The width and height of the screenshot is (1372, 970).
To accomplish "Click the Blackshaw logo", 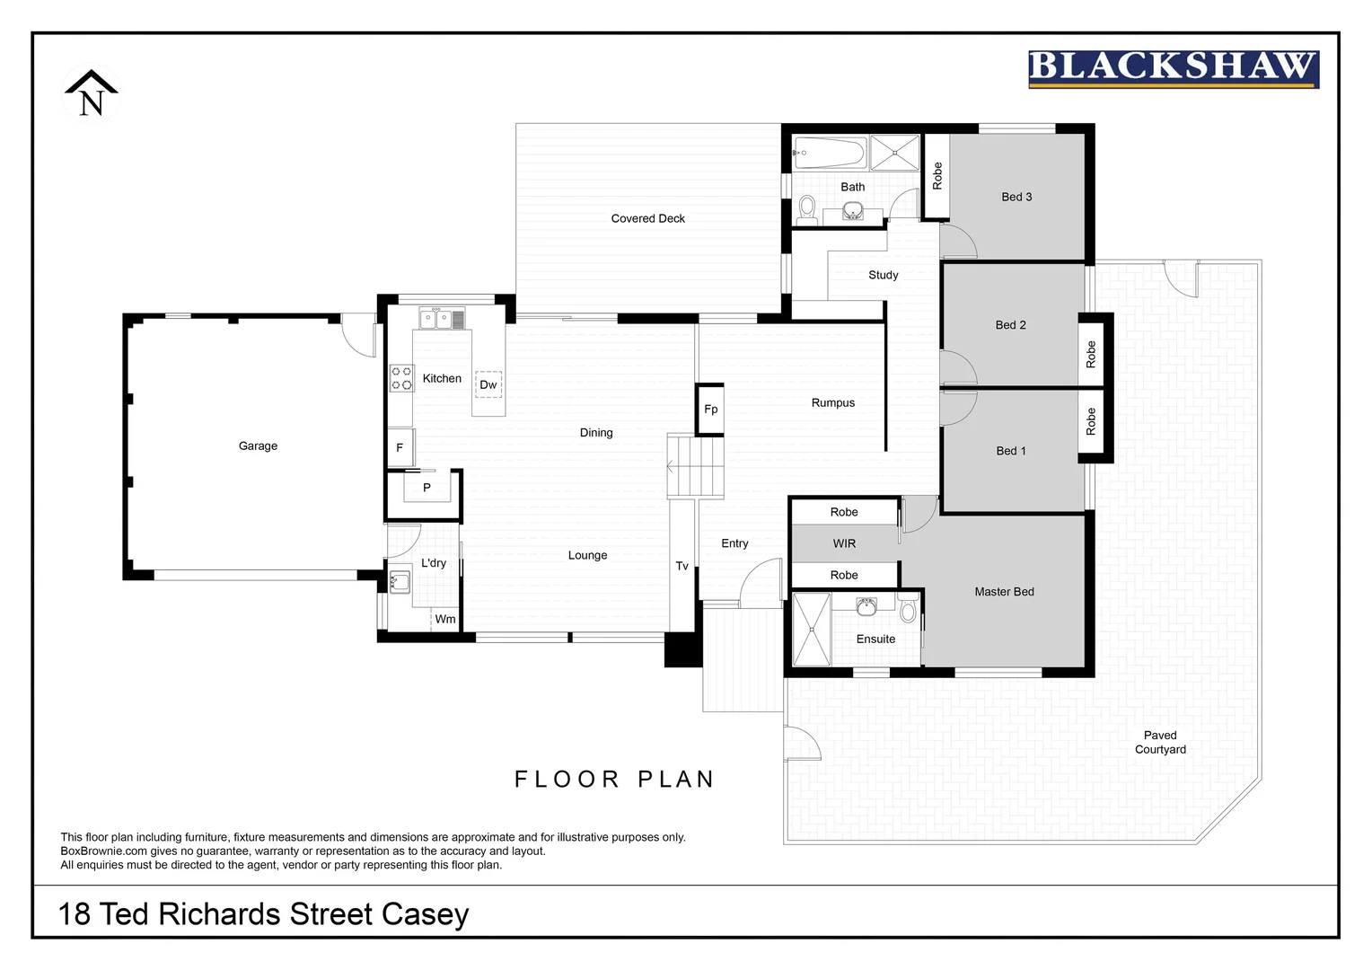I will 1173,69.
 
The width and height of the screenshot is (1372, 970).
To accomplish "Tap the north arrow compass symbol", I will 91,93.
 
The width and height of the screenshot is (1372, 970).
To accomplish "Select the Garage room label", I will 258,445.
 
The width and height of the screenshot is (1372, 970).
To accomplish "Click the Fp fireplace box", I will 710,410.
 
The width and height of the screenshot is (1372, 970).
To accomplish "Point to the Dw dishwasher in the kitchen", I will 488,384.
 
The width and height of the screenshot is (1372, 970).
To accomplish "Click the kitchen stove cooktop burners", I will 401,378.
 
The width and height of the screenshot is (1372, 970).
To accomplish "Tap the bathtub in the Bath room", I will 829,153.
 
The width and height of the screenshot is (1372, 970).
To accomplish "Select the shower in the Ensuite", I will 812,629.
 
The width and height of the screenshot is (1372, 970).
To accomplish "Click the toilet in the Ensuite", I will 908,611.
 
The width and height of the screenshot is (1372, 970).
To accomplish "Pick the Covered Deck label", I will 647,218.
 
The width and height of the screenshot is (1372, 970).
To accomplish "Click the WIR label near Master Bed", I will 844,543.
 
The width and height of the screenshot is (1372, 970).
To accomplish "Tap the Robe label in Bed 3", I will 937,176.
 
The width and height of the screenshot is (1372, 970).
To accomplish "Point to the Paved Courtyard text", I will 1160,742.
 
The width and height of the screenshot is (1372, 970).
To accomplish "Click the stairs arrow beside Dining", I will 671,466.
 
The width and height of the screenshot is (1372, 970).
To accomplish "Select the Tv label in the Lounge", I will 682,566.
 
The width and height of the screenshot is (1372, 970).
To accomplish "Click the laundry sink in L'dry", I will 400,581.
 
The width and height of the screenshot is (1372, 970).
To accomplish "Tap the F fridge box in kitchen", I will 400,447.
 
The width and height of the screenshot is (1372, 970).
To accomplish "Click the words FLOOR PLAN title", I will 614,779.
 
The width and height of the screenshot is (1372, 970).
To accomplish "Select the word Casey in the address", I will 425,914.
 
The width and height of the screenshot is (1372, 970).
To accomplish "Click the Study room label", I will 883,275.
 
